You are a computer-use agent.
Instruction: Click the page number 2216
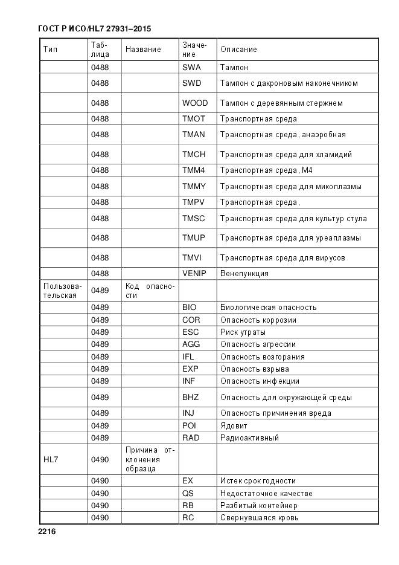[46, 532]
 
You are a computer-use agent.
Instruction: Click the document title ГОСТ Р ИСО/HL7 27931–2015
[94, 28]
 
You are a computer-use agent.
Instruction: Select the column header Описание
[238, 50]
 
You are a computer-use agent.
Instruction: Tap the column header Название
[143, 50]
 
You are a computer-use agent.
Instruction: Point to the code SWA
[191, 68]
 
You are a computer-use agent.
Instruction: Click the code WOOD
[194, 103]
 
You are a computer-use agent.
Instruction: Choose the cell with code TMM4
[194, 170]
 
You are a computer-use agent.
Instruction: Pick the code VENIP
[194, 274]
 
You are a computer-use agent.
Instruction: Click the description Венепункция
[244, 274]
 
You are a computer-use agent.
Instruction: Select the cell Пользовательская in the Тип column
[60, 291]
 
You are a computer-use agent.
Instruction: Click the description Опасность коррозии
[258, 320]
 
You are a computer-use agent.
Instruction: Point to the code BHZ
[190, 398]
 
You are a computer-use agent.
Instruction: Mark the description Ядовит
[233, 426]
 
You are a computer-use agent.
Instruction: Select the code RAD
[191, 438]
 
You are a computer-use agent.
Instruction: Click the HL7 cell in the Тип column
[51, 460]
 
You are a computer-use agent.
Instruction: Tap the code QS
[188, 494]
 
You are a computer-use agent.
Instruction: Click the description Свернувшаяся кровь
[259, 518]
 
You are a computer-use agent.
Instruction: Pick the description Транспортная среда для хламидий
[286, 155]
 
